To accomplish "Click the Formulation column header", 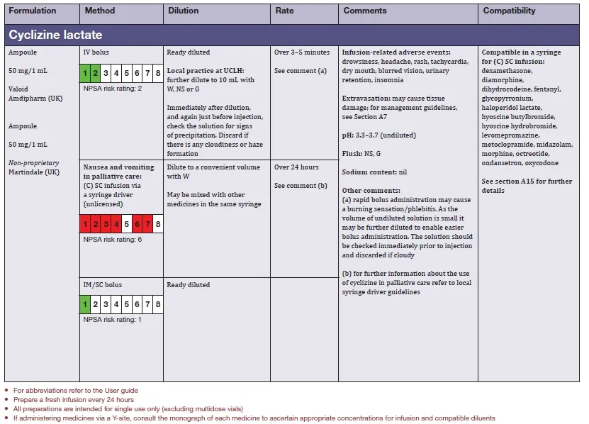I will point(32,11).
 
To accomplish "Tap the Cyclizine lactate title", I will point(55,35).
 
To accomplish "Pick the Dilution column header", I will point(184,11).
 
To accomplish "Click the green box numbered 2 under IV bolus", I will point(95,73).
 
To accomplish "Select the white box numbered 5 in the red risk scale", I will point(126,225).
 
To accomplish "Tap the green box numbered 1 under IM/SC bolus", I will point(84,306).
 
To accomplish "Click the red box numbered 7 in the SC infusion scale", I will point(147,225).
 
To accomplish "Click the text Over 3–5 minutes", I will point(302,52).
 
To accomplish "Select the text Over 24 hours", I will point(296,167).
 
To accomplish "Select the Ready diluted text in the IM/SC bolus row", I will point(188,285).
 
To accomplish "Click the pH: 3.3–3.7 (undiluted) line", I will point(378,135).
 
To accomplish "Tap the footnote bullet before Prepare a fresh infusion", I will point(6,400).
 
